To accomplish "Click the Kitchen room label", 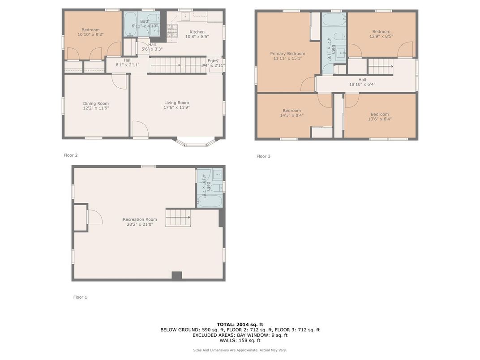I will tap(197, 32).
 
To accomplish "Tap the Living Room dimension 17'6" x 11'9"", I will tap(176, 107).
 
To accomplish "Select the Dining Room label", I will tap(96, 103).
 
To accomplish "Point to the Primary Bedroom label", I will tap(287, 53).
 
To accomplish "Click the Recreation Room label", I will tap(140, 219).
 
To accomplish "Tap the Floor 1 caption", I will tap(80, 297).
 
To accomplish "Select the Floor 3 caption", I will tap(263, 156).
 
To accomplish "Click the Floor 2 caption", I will tap(70, 155).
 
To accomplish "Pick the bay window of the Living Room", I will tap(196, 143).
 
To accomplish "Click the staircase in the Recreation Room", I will tap(178, 217).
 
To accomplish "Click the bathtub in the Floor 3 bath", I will tap(334, 20).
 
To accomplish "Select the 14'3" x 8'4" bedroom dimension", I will tap(291, 116).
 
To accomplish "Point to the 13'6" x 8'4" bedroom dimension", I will tap(380, 119).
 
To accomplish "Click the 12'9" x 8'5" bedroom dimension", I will tap(381, 36).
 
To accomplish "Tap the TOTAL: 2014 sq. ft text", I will tap(240, 324).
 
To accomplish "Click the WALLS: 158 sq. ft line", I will tap(240, 340).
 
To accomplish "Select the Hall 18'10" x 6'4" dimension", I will tap(362, 84).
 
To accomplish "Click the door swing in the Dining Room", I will tap(119, 81).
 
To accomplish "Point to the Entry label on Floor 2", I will tap(213, 61).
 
